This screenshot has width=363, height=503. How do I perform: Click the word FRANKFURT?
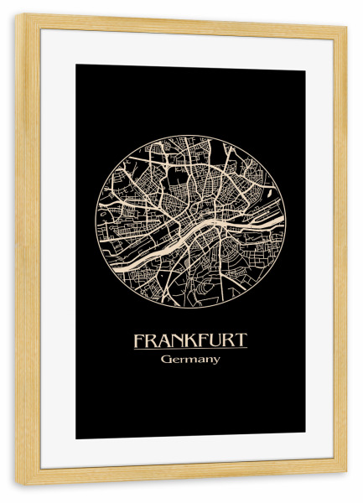pyautogui.click(x=189, y=341)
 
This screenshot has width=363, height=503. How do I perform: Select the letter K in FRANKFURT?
pyautogui.click(x=184, y=341)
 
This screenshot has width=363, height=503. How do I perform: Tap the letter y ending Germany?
pyautogui.click(x=216, y=361)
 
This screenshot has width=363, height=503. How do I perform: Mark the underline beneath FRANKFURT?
pyautogui.click(x=189, y=349)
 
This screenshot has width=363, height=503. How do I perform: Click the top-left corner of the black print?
pyautogui.click(x=77, y=66)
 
